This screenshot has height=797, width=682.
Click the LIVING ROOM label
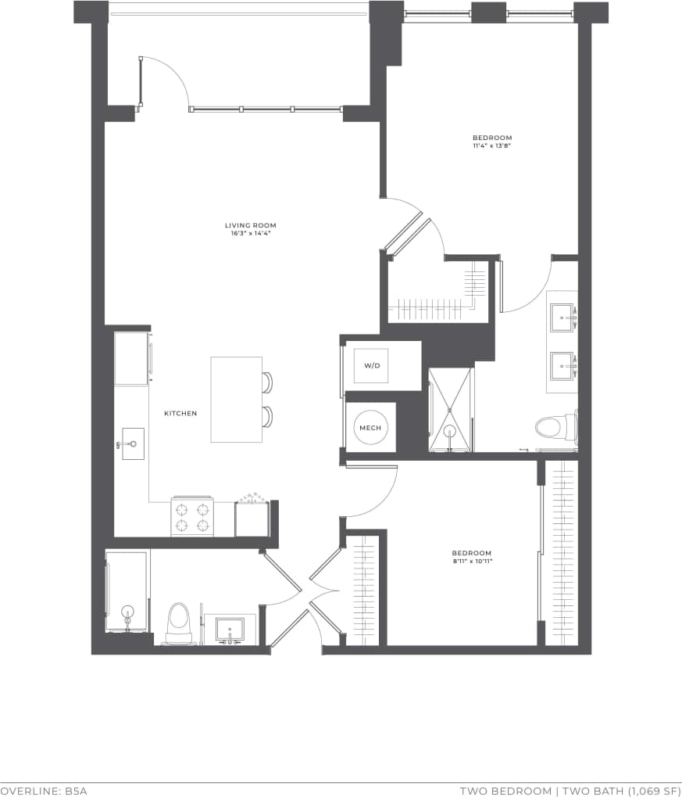coord(250,225)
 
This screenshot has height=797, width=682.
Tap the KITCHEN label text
coord(180,413)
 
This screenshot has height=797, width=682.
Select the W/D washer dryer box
coord(371,365)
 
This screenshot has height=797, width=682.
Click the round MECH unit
coord(370,428)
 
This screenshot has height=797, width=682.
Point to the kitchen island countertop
coord(236,399)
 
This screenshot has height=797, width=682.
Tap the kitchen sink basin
coord(134,443)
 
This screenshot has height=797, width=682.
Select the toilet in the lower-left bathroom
coord(179,622)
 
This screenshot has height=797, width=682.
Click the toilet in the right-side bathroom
coord(554,427)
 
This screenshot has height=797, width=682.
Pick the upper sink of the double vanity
coord(562,317)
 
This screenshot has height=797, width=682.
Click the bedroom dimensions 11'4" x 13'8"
coord(491,145)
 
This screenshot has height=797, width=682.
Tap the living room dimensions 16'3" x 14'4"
coord(250,233)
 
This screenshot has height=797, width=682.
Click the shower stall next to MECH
coord(451,410)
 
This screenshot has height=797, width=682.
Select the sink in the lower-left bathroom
coord(230,629)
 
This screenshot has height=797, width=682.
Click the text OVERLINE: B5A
coord(44,791)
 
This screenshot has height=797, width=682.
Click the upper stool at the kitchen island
coord(268,382)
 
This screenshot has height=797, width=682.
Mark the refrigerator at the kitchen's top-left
coord(131,358)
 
